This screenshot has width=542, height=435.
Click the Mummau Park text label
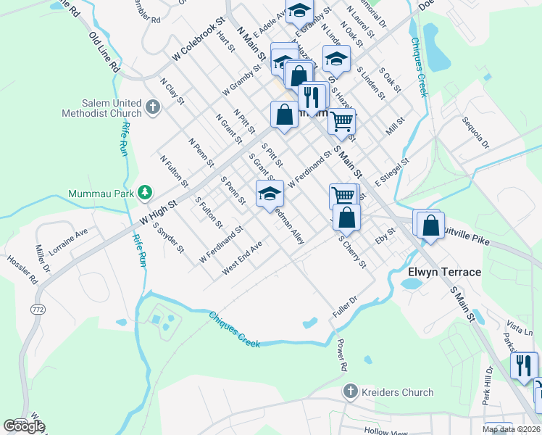pyautogui.click(x=101, y=193)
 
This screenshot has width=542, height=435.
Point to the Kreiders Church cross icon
pyautogui.click(x=351, y=392)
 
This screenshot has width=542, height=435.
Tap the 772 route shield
pyautogui.click(x=38, y=310)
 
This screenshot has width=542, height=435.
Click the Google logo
pyautogui.click(x=23, y=426)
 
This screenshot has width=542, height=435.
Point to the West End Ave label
pyautogui.click(x=242, y=258)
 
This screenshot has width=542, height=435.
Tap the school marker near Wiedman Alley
pyautogui.click(x=270, y=193)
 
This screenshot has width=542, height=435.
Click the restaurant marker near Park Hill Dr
pyautogui.click(x=524, y=365)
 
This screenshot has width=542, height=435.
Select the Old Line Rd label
pyautogui.click(x=104, y=51)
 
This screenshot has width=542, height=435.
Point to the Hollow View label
pyautogui.click(x=386, y=431)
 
